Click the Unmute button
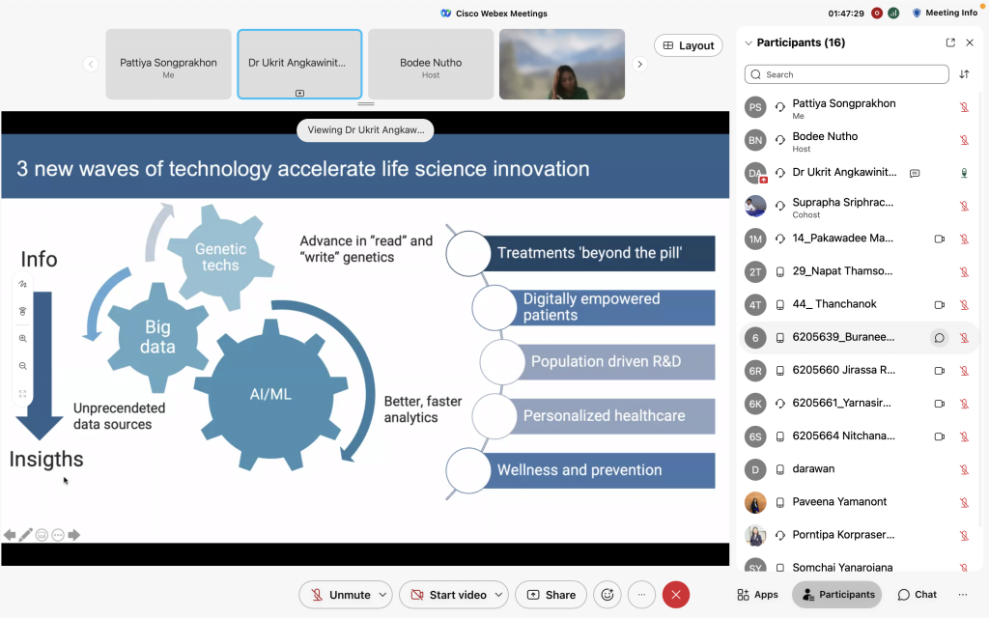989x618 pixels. [x=345, y=595]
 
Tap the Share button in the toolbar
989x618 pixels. [x=551, y=595]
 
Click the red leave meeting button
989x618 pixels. [x=675, y=595]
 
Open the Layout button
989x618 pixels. [x=688, y=45]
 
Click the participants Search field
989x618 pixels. [x=846, y=74]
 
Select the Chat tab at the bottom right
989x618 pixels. [x=918, y=595]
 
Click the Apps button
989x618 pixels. [x=757, y=595]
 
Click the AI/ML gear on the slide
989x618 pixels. [x=270, y=395]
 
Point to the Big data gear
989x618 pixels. [x=157, y=337]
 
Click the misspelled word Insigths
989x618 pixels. [x=46, y=459]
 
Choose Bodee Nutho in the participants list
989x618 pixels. [x=825, y=141]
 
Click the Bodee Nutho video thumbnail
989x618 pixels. [x=431, y=65]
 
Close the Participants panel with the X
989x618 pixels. [x=970, y=42]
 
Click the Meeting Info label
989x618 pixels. [x=951, y=13]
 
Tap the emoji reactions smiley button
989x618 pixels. [x=608, y=595]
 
